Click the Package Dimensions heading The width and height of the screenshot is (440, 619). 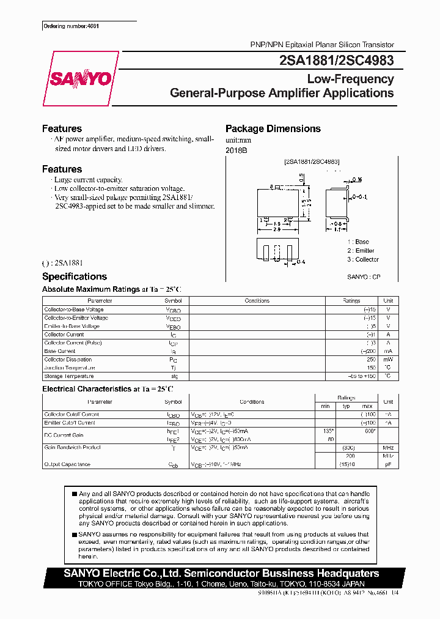coord(273,128)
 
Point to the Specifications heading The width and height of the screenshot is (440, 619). coord(74,276)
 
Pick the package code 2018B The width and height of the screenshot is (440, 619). coord(236,150)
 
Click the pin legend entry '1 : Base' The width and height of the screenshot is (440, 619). coord(358,242)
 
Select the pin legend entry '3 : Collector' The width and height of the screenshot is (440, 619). coord(363,259)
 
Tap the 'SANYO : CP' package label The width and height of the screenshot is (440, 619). coord(364,277)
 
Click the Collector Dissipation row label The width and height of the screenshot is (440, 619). coord(68,360)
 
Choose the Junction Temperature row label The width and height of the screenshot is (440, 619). coord(70,368)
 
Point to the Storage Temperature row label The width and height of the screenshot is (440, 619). coord(69,376)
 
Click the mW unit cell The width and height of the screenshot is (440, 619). coord(387,360)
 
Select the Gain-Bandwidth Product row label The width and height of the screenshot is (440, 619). coord(72,448)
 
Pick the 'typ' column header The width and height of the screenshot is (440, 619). coord(346,406)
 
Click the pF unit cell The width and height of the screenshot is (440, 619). coord(387,464)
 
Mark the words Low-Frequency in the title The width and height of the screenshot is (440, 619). coord(350,79)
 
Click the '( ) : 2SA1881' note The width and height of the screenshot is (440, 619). coord(62,263)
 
